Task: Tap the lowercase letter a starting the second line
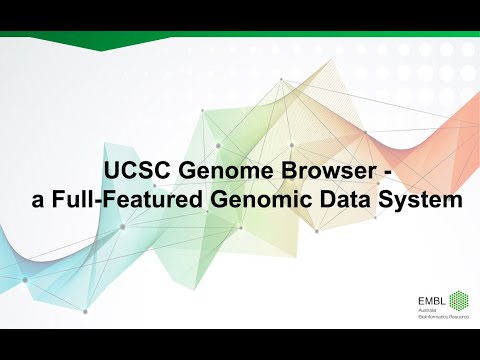(x=39, y=200)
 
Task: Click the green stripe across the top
(x=240, y=33)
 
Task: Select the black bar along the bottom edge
(x=240, y=344)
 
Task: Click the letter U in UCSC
(x=113, y=171)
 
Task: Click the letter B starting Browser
(x=282, y=171)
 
